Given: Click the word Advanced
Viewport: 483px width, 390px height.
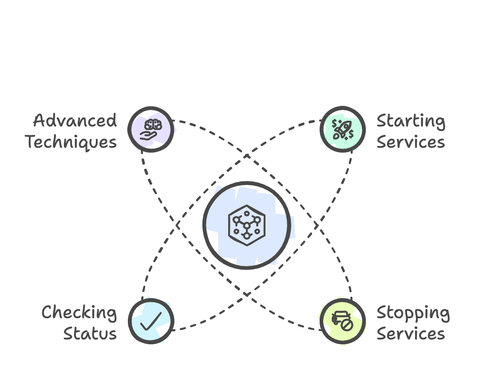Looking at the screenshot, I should click(75, 121).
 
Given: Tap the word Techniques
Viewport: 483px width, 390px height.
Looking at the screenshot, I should click(71, 142).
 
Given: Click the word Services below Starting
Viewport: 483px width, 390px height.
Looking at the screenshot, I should click(411, 142).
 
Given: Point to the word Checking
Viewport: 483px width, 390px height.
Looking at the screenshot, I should click(79, 313).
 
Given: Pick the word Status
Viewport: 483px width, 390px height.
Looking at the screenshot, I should click(90, 334).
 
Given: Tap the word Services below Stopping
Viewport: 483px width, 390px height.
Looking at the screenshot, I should click(411, 334).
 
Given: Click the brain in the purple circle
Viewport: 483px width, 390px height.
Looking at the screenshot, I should click(151, 125).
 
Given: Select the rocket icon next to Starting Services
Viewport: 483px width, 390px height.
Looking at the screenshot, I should click(342, 129).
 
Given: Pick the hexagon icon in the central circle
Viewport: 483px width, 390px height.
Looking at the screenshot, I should click(247, 225).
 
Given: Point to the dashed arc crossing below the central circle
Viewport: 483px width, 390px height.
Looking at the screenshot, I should click(247, 294).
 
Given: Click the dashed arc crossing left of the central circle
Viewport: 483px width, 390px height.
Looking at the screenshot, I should click(177, 225).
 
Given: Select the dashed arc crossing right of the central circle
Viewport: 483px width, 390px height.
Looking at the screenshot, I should click(317, 225).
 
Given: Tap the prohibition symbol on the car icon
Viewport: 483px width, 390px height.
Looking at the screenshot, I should click(347, 325).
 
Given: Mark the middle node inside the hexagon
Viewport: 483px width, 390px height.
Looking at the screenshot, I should click(247, 226).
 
